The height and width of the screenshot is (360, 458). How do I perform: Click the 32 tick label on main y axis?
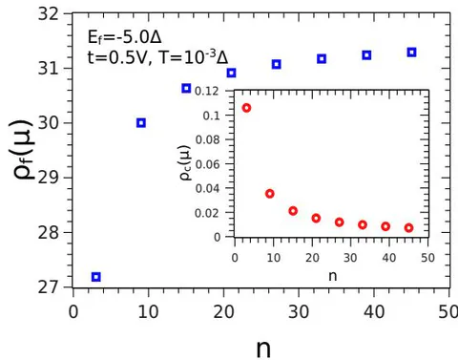49,14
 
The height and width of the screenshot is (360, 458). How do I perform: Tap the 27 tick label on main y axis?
49,287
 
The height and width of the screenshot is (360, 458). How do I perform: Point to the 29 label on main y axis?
49,178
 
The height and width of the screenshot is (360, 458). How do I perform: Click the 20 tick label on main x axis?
223,312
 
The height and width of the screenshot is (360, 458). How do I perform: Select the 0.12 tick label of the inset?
207,92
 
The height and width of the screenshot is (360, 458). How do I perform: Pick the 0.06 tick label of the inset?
207,164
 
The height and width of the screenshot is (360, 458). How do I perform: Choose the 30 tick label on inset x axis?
350,258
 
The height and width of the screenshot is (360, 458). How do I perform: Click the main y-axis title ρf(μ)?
23,150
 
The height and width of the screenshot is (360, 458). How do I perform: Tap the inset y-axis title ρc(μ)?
185,162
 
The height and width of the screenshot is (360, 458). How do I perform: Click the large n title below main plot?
263,349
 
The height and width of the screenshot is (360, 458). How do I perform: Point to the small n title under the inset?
333,276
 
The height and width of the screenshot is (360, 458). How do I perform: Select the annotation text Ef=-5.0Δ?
124,37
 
